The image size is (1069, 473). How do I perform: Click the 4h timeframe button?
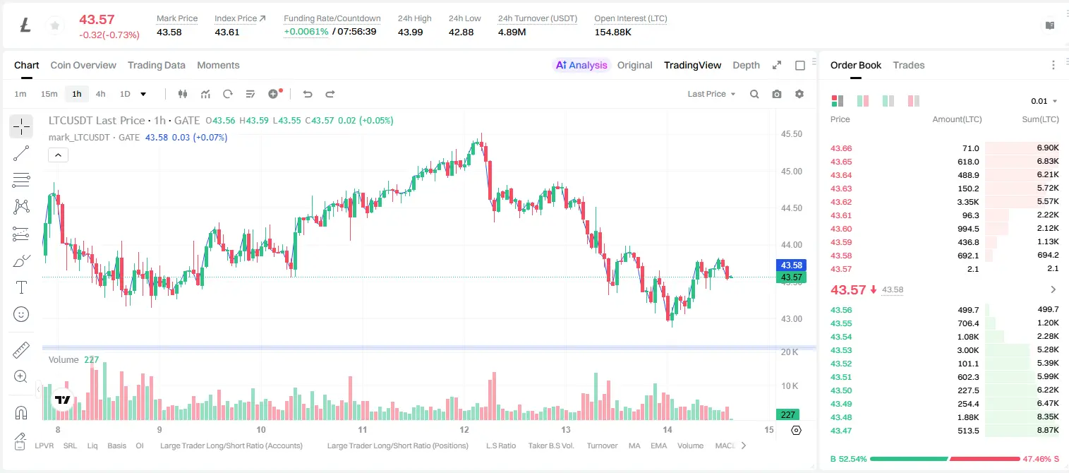click(x=100, y=94)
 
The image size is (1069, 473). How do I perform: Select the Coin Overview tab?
click(x=83, y=65)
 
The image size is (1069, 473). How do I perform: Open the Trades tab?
click(x=909, y=65)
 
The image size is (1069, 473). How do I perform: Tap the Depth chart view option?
click(x=746, y=65)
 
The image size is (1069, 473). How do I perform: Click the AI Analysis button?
click(x=581, y=65)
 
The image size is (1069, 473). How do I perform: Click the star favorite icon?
click(x=55, y=25)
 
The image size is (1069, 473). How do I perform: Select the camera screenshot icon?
click(x=777, y=94)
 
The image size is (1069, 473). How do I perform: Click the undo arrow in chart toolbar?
click(x=308, y=94)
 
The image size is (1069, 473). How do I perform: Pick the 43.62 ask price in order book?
click(x=841, y=202)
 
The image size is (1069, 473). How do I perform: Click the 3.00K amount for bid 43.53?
click(x=968, y=350)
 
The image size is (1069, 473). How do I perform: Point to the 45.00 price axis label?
click(x=791, y=172)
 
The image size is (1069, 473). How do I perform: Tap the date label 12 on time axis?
click(x=464, y=429)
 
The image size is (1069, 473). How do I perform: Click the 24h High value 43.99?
click(x=410, y=32)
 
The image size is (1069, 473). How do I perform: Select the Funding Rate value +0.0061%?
click(x=306, y=32)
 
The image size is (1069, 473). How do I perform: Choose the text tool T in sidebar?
click(x=21, y=287)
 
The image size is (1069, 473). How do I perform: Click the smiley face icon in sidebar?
click(x=21, y=314)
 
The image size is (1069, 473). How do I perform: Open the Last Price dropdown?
click(x=711, y=94)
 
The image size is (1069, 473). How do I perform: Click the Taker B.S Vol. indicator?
click(x=550, y=445)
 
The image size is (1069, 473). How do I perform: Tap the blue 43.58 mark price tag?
click(x=791, y=265)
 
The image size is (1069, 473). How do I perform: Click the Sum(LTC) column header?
click(x=1040, y=119)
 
